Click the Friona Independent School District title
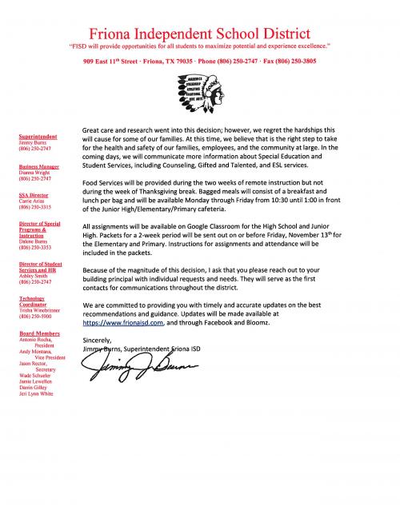(x=200, y=34)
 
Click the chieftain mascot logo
(x=201, y=96)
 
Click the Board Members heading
(x=37, y=334)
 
